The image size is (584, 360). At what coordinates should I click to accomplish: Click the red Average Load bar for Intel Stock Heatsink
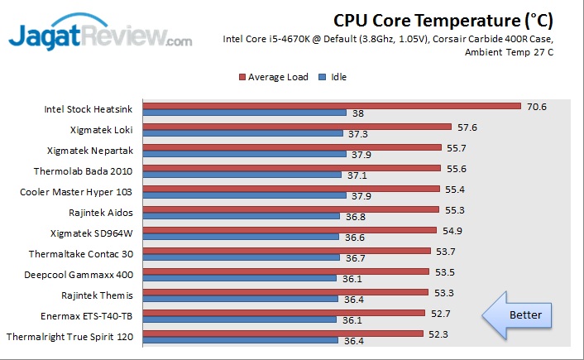[x=331, y=106]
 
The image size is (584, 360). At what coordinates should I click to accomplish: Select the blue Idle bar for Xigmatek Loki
[x=242, y=133]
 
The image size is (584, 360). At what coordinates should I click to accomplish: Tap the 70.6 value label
[x=537, y=106]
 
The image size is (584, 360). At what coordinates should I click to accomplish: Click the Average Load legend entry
[x=274, y=77]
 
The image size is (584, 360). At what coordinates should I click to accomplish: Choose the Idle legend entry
[x=333, y=77]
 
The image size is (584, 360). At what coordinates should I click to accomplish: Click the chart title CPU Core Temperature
[x=443, y=19]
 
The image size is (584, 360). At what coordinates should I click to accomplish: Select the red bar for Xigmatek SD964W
[x=289, y=230]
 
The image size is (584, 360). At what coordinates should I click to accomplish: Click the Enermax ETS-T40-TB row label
[x=86, y=315]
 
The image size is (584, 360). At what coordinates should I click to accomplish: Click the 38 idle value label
[x=358, y=113]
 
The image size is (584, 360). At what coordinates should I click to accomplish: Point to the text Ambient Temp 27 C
[x=509, y=52]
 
